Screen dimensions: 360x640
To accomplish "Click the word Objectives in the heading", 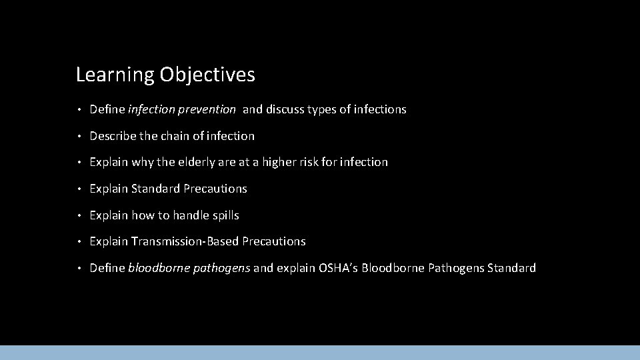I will tap(207, 75).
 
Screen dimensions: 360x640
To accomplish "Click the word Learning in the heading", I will tap(115, 75).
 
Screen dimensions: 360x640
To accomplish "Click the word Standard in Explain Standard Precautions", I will tap(156, 189).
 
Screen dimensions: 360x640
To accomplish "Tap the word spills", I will tap(224, 215).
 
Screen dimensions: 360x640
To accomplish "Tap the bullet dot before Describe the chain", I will tap(79, 136).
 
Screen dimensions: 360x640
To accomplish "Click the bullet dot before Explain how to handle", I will tap(79, 215).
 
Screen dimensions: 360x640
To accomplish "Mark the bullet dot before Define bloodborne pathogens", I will tap(79, 268).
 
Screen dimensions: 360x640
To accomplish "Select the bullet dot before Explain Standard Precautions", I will tap(79, 189).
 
